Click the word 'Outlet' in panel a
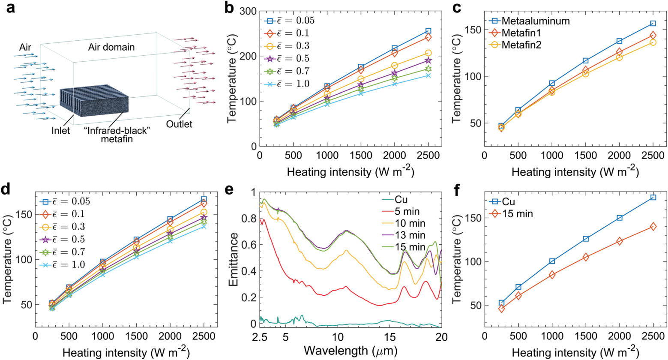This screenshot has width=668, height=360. pos(179,125)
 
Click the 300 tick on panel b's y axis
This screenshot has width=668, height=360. pos(248,11)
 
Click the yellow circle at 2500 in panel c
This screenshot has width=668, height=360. pos(653,42)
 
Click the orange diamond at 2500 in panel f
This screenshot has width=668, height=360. pos(653,226)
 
